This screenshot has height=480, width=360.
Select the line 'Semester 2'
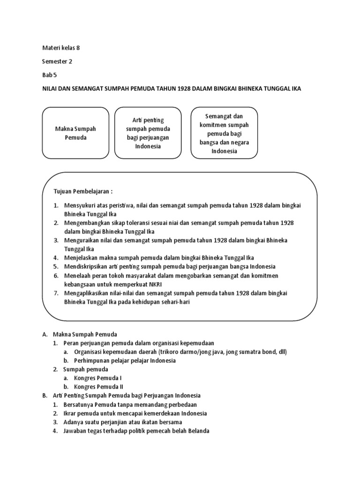(x=57, y=61)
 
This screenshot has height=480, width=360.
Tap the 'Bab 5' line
(x=49, y=75)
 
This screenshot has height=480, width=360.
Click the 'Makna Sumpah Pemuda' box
(x=75, y=133)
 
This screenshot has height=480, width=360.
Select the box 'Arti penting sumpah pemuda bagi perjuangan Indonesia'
(x=148, y=133)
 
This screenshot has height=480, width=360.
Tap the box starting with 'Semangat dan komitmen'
(x=224, y=133)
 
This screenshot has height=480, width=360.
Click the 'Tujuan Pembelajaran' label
(x=83, y=192)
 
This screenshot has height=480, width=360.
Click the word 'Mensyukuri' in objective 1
(x=80, y=205)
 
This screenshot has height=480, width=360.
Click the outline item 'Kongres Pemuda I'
(x=98, y=378)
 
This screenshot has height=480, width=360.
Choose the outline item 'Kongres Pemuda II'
(x=99, y=387)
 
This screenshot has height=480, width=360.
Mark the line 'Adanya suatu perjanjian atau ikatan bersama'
(x=123, y=422)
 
